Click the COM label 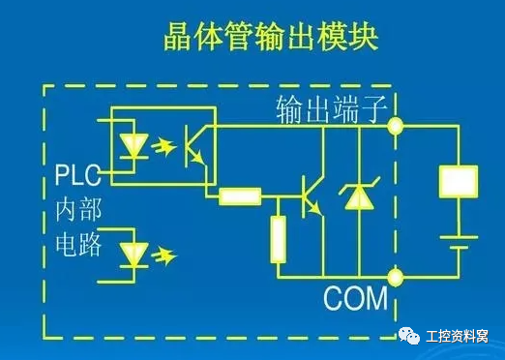[x=355, y=299]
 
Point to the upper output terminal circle [x=396, y=125]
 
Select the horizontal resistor [x=239, y=196]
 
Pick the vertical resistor [x=279, y=240]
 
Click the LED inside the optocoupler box [x=133, y=146]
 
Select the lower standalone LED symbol [x=132, y=255]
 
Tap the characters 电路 [x=77, y=244]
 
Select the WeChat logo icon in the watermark [x=409, y=335]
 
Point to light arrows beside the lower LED [x=165, y=255]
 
